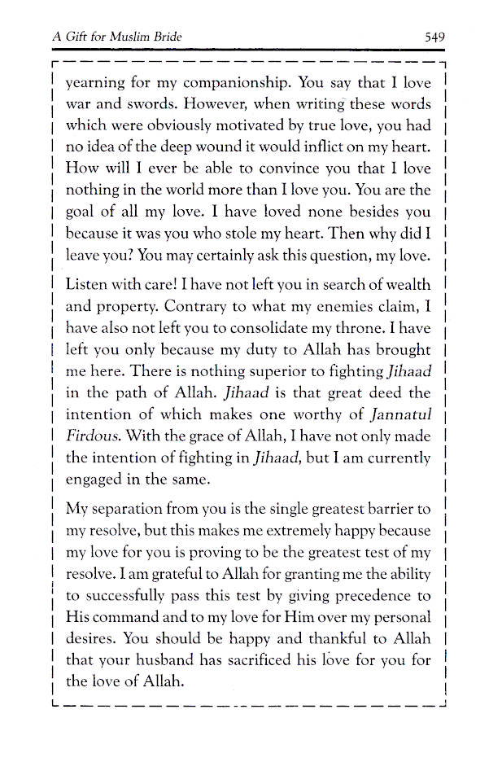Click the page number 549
(434, 37)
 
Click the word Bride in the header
(164, 37)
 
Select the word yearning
(95, 84)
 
